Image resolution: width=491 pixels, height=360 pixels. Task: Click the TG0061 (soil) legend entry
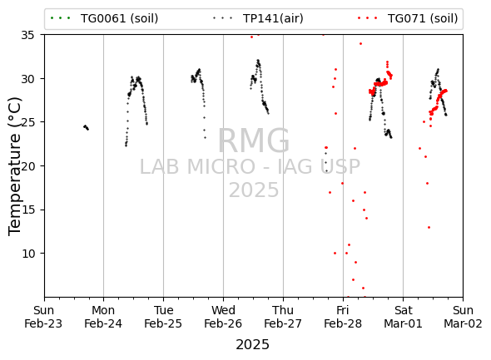coord(104,18)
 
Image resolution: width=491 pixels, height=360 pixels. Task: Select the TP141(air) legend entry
coord(258,18)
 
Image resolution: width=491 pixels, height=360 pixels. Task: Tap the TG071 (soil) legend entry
coord(408,18)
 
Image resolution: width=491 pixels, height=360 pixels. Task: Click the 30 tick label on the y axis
coord(27,79)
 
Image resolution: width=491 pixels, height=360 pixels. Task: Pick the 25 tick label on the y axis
coord(27,122)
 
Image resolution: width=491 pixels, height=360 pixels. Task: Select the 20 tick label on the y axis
coord(27,166)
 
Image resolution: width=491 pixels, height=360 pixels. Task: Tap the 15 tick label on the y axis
coord(27,210)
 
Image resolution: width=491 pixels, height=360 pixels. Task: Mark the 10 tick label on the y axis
coord(27,254)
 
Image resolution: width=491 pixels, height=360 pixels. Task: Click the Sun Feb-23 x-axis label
coord(43,317)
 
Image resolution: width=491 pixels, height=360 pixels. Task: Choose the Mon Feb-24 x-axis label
coord(103,317)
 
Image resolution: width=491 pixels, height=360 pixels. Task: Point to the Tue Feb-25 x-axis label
coord(163,317)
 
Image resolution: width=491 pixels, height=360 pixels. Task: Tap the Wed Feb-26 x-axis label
coord(223,317)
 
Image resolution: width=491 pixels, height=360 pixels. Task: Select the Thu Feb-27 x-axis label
coord(283,317)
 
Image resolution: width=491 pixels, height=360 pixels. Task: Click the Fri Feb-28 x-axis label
coord(343,317)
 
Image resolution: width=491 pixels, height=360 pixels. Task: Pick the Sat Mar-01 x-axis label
coord(403,317)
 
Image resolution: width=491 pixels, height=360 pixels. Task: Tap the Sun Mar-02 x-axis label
coord(463,317)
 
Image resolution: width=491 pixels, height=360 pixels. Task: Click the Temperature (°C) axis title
coord(15,166)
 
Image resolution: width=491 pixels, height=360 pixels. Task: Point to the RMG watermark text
coord(254,141)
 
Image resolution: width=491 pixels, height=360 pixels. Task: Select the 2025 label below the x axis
coord(252,345)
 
